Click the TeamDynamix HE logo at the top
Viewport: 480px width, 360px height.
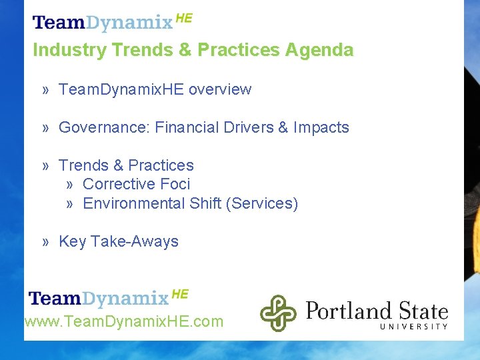pyautogui.click(x=112, y=22)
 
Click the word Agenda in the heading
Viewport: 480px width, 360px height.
pyautogui.click(x=319, y=50)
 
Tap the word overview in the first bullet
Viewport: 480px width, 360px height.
pyautogui.click(x=220, y=89)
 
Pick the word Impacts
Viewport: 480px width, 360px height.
pyautogui.click(x=321, y=127)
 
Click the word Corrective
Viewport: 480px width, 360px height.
pyautogui.click(x=118, y=184)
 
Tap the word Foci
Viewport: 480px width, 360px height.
pyautogui.click(x=176, y=184)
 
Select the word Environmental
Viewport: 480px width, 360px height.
pyautogui.click(x=133, y=203)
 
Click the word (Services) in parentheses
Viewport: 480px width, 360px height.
pyautogui.click(x=262, y=203)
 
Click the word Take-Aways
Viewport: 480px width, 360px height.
pyautogui.click(x=135, y=241)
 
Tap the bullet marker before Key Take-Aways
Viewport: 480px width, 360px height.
pyautogui.click(x=45, y=241)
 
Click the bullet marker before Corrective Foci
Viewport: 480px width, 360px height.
pyautogui.click(x=70, y=184)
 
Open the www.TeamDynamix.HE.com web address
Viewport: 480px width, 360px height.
pyautogui.click(x=124, y=322)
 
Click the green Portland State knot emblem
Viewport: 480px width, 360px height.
pyautogui.click(x=277, y=313)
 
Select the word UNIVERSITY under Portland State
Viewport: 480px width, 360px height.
pyautogui.click(x=413, y=326)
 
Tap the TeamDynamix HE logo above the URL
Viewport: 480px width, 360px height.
pyautogui.click(x=109, y=297)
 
